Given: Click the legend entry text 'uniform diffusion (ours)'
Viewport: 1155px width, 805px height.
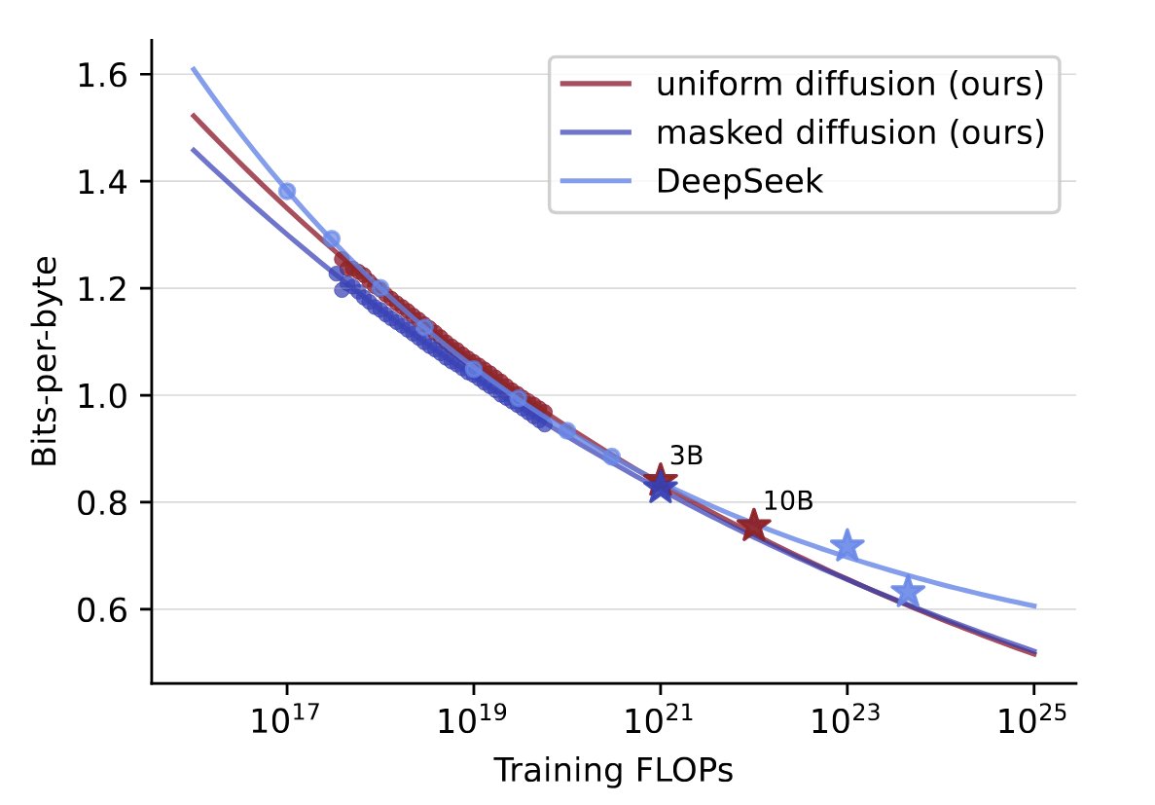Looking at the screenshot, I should pyautogui.click(x=849, y=86).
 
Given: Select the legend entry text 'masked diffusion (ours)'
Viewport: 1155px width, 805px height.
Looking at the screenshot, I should pyautogui.click(x=849, y=133).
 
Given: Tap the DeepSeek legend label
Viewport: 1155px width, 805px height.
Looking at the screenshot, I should pyautogui.click(x=740, y=182).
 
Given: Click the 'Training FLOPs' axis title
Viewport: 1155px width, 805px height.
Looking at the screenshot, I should pyautogui.click(x=613, y=770).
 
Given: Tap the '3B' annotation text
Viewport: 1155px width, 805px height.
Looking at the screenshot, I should pyautogui.click(x=686, y=456).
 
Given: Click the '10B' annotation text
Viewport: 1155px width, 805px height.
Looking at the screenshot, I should pyautogui.click(x=787, y=501).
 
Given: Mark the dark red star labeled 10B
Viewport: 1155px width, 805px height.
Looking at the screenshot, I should pyautogui.click(x=753, y=527).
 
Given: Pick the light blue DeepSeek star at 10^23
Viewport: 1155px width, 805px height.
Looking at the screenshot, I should pyautogui.click(x=847, y=545).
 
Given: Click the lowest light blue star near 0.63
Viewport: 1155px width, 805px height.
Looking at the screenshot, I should pyautogui.click(x=908, y=591).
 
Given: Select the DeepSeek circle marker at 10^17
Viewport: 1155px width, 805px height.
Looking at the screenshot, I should pyautogui.click(x=286, y=191).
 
